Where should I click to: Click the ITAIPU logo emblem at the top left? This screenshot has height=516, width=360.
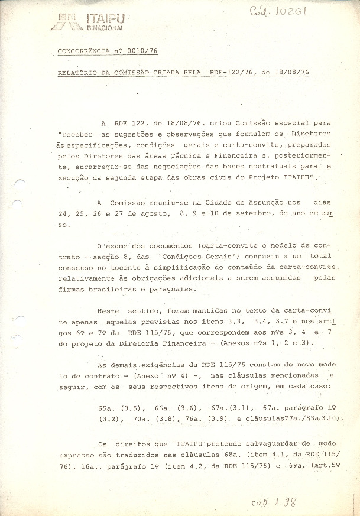pos(66,21)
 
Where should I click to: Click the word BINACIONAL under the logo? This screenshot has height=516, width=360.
pos(105,28)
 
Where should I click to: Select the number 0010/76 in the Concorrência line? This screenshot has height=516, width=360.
pos(141,52)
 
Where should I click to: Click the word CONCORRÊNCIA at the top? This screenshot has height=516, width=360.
pos(82,52)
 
